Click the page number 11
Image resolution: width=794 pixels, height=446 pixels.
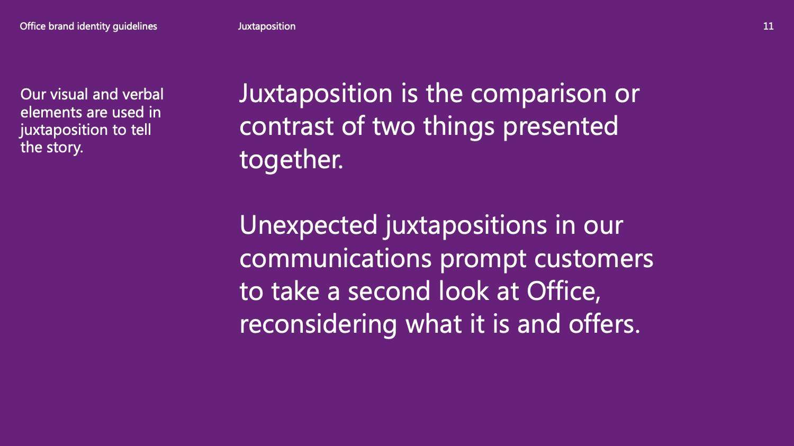pyautogui.click(x=768, y=26)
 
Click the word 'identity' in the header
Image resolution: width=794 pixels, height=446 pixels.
pyautogui.click(x=94, y=27)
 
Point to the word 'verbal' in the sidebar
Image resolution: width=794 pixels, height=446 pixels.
pyautogui.click(x=143, y=94)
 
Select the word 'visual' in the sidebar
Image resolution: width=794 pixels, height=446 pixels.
pyautogui.click(x=69, y=94)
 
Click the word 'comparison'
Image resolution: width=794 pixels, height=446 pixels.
pyautogui.click(x=538, y=94)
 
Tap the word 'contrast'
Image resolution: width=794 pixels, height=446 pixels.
pyautogui.click(x=286, y=126)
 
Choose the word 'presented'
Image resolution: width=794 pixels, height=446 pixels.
pyautogui.click(x=561, y=127)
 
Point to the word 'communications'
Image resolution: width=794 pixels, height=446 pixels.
pyautogui.click(x=336, y=259)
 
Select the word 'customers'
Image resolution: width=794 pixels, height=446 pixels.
pyautogui.click(x=594, y=259)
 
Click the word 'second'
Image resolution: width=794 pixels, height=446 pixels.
pyautogui.click(x=389, y=291)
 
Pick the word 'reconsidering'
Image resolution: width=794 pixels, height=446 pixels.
pyautogui.click(x=318, y=325)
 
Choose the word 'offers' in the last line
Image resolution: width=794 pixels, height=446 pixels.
pyautogui.click(x=601, y=324)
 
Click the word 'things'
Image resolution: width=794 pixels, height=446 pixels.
pyautogui.click(x=459, y=127)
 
